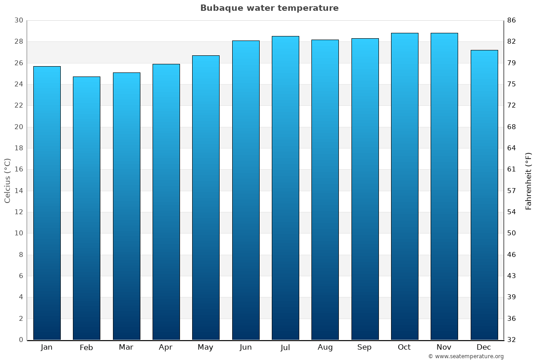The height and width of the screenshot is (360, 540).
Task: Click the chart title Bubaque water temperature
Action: [x=269, y=8]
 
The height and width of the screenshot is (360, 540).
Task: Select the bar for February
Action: [x=86, y=208]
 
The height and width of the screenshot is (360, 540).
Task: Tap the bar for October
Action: [x=404, y=186]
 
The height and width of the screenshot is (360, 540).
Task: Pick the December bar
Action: [x=484, y=195]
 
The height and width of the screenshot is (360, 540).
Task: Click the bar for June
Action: [x=246, y=190]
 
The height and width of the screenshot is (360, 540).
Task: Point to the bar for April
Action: [x=166, y=202]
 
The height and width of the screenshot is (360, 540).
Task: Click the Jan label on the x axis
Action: [x=47, y=347]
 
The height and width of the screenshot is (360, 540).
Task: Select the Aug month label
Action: [x=325, y=347]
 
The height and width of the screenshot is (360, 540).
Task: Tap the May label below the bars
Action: [x=206, y=347]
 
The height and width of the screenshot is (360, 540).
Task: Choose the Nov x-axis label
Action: [x=444, y=347]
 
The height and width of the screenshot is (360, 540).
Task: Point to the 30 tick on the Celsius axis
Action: [x=18, y=20]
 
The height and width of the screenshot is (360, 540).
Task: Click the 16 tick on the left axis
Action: [x=18, y=170]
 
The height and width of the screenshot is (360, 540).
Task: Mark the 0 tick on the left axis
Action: [x=21, y=340]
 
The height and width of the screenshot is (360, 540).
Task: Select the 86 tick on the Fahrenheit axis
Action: [x=512, y=20]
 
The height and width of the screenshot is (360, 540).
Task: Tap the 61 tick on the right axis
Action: [x=512, y=170]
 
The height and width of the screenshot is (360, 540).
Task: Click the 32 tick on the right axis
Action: [x=512, y=340]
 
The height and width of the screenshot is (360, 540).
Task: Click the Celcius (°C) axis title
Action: [x=7, y=180]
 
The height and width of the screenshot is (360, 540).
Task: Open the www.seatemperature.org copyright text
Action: [x=465, y=356]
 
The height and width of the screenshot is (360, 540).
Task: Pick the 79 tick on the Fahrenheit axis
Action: [x=512, y=63]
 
